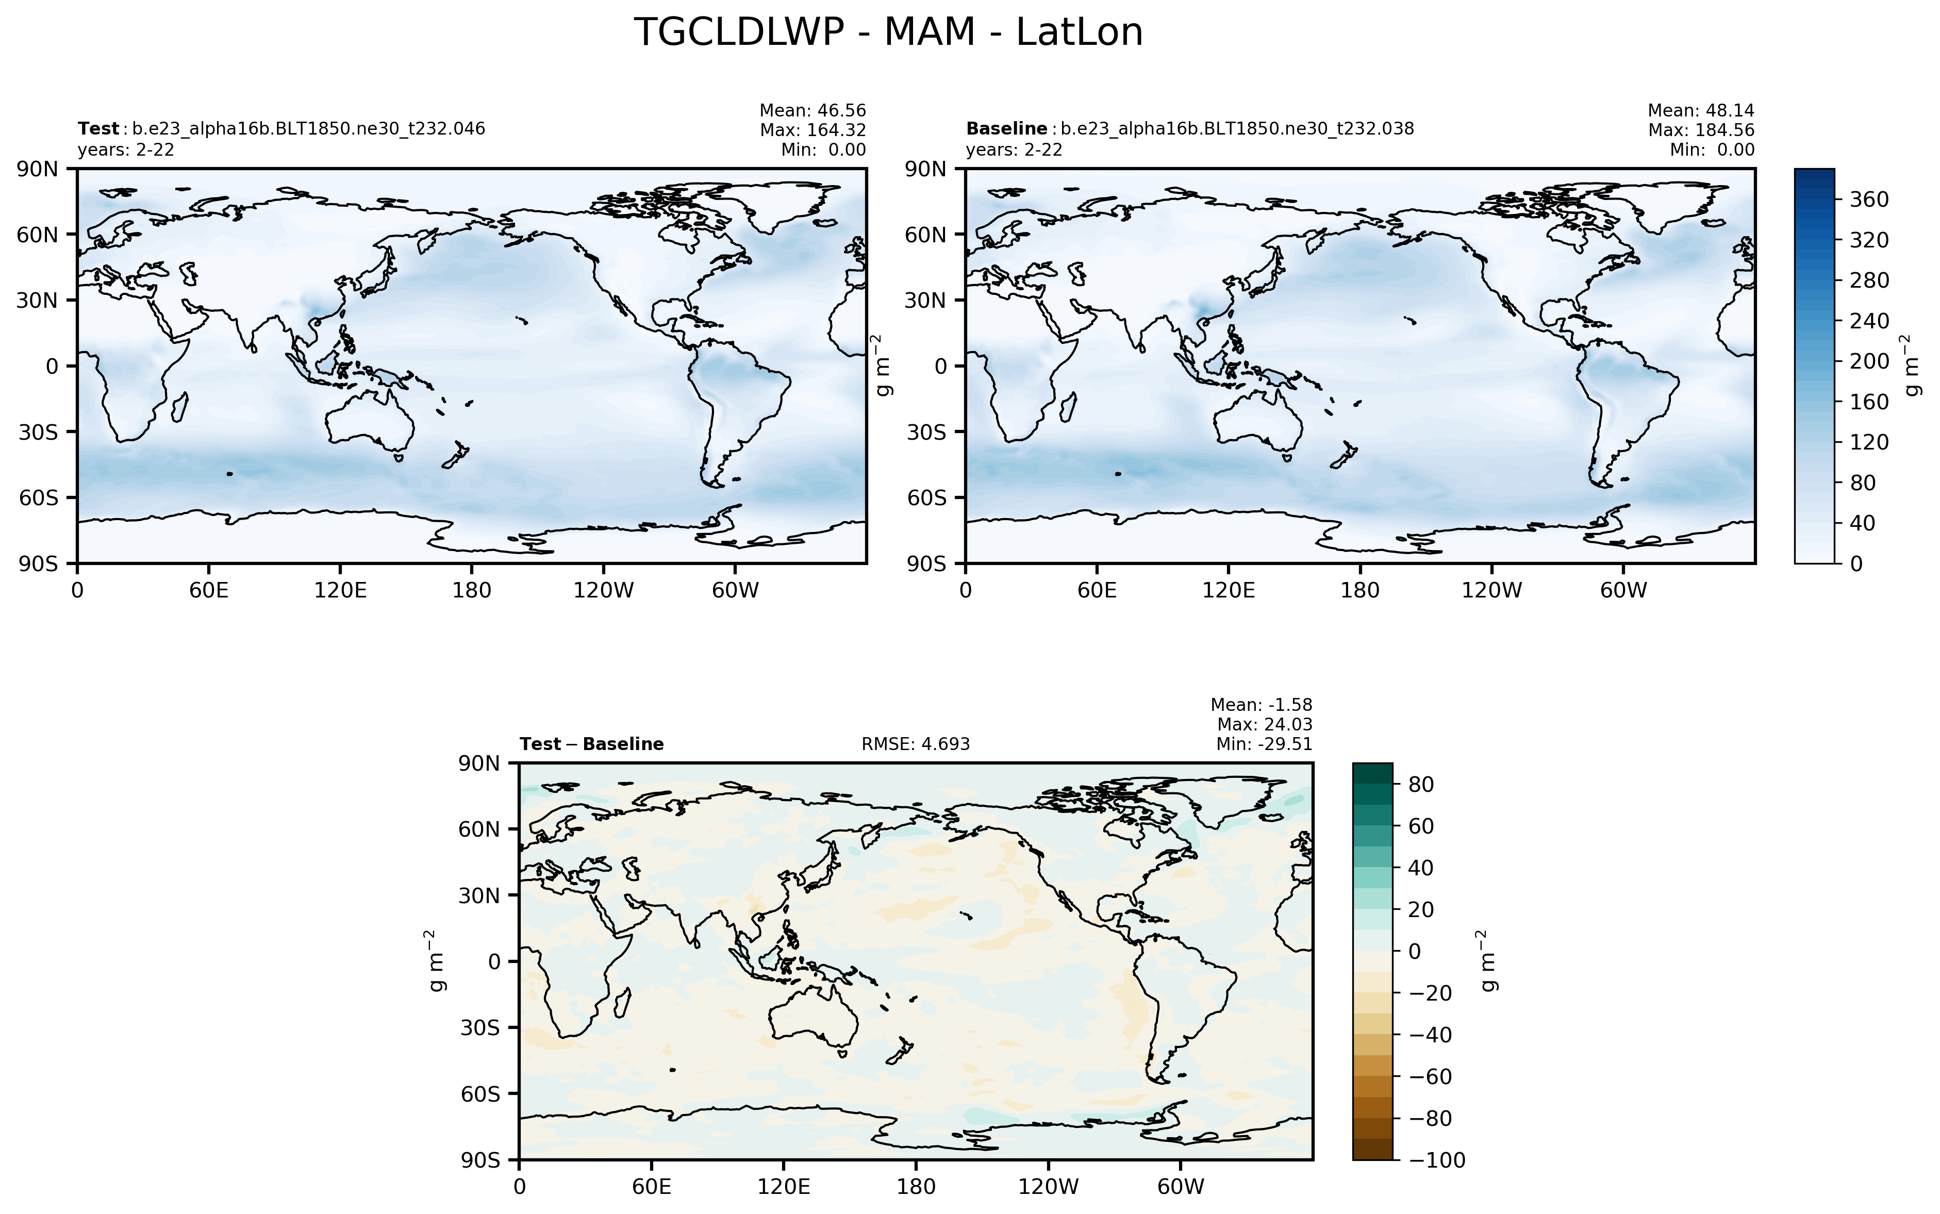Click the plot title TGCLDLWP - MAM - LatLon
tap(888, 34)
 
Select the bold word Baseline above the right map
tap(1006, 128)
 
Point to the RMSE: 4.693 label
tap(916, 744)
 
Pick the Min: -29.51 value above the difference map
tap(1264, 744)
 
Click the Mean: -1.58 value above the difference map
tap(1261, 705)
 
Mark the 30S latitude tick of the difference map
tap(478, 1028)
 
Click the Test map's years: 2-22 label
tap(126, 150)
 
